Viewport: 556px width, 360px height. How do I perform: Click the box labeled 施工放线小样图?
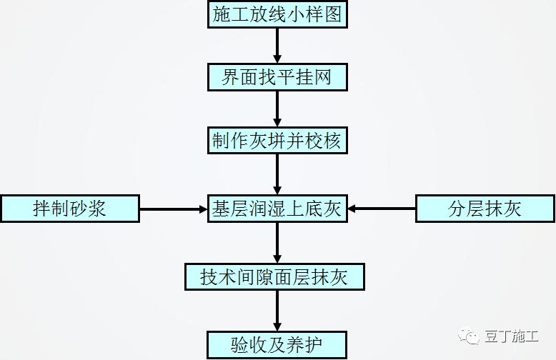[x=277, y=14]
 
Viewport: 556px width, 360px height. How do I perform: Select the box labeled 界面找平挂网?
[x=277, y=76]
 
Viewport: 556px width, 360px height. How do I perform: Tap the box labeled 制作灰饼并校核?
[x=277, y=140]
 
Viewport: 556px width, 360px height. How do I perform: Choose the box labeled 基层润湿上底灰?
[x=277, y=209]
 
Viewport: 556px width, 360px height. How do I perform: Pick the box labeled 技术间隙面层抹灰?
[x=274, y=276]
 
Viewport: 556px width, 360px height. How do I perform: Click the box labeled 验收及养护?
[x=277, y=344]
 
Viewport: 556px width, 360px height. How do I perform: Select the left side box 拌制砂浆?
[x=69, y=209]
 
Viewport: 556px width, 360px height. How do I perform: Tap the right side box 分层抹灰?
[x=485, y=209]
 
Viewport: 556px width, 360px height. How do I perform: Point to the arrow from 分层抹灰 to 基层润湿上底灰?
[x=382, y=209]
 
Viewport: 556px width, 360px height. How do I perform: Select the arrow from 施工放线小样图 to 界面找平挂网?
[x=277, y=45]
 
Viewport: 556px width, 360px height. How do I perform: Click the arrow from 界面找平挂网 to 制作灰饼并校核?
[x=277, y=108]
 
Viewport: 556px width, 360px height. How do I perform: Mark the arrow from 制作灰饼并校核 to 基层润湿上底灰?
[x=277, y=174]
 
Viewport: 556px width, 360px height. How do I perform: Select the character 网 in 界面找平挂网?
[x=322, y=76]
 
